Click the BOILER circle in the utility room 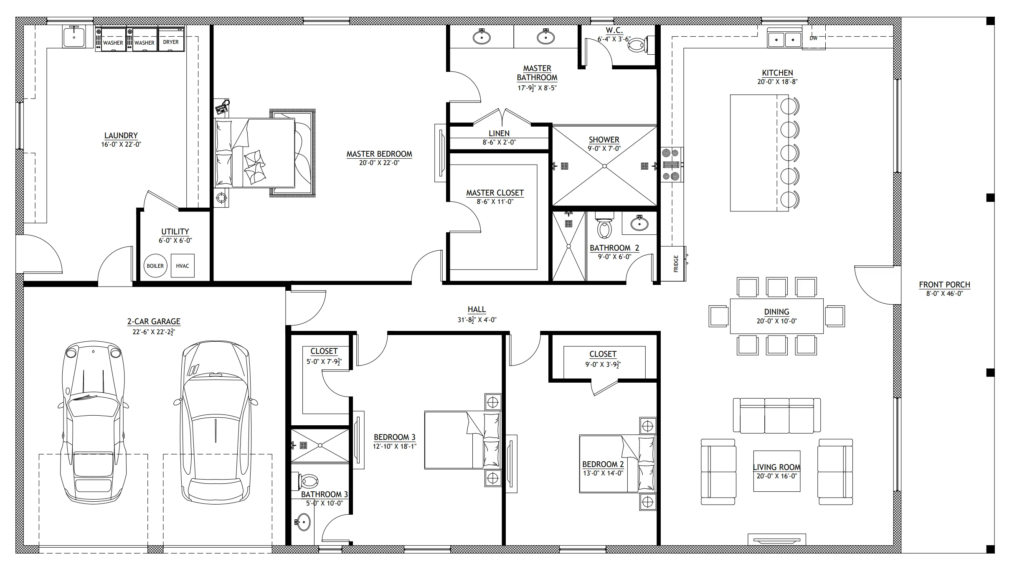(155, 266)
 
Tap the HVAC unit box (183, 266)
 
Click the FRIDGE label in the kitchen (676, 264)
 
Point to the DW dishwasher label (813, 38)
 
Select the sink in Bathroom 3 (303, 522)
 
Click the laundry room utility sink (74, 36)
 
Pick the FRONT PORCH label (944, 284)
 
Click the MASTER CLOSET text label (495, 193)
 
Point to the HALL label (477, 309)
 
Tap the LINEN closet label (499, 133)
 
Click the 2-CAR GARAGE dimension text (154, 332)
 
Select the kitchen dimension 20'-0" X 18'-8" (777, 82)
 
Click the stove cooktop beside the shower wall (672, 165)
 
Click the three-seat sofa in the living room (777, 415)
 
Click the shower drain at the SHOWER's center (604, 166)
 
